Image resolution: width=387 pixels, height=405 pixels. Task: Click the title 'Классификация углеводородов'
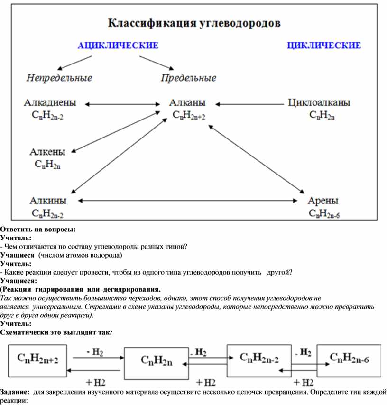195,22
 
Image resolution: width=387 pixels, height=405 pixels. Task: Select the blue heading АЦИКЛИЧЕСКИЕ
118,46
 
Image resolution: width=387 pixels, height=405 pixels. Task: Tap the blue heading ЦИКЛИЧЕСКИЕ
324,46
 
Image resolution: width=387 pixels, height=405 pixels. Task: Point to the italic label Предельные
188,78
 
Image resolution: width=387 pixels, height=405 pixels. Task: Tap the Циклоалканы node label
320,102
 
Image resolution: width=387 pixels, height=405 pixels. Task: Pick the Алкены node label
47,152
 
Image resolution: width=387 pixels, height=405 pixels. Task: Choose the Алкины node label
48,201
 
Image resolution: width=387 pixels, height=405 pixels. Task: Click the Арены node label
323,201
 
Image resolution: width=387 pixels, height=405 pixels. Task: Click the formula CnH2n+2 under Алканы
189,115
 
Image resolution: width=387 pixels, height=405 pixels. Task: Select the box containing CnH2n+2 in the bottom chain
37,360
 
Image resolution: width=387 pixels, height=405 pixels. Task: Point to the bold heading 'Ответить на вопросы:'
38,230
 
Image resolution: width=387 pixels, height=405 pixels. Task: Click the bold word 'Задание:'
16,393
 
